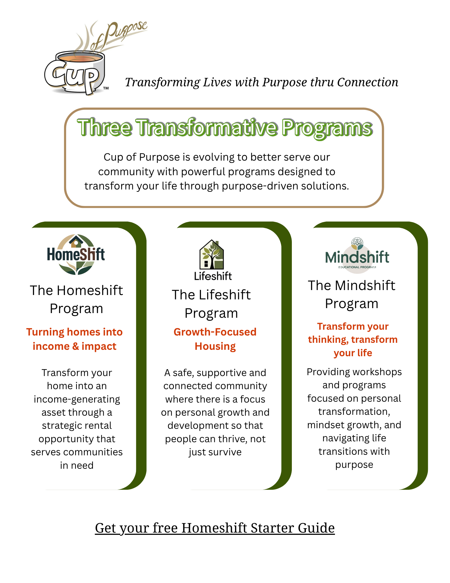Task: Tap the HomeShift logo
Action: point(76,254)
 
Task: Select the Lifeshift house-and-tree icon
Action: point(212,254)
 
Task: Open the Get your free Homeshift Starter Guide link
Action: point(215,528)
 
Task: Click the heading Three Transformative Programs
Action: point(225,128)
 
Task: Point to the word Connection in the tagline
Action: point(368,82)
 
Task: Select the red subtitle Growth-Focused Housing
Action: point(215,339)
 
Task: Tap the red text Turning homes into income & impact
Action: point(75,339)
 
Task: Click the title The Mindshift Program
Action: point(352,294)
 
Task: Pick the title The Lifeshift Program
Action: point(211,304)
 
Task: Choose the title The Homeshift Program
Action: point(76,299)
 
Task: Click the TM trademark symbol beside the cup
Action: point(106,88)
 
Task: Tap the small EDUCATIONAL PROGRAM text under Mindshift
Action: point(357,267)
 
